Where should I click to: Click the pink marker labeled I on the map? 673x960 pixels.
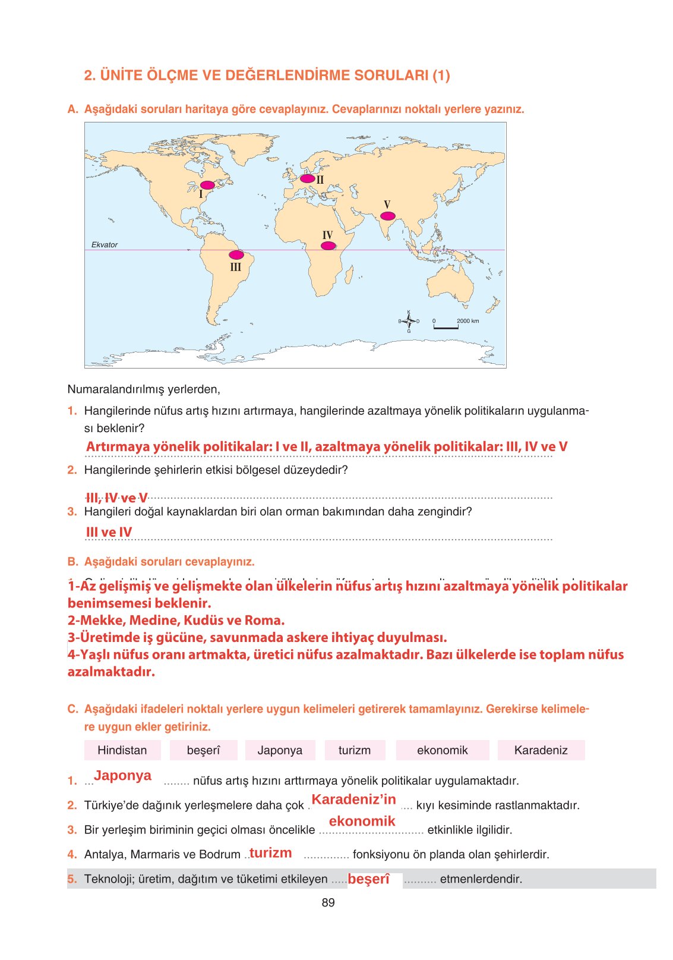pyautogui.click(x=208, y=185)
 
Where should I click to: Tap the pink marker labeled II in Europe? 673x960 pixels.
pyautogui.click(x=307, y=178)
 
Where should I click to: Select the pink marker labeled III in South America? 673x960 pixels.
pyautogui.click(x=236, y=255)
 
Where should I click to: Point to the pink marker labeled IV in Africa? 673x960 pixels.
pyautogui.click(x=328, y=245)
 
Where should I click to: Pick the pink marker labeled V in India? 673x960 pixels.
pyautogui.click(x=387, y=216)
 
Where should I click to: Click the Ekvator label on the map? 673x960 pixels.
pyautogui.click(x=105, y=245)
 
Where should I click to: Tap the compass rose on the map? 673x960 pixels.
pyautogui.click(x=409, y=322)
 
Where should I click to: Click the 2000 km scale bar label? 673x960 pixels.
pyautogui.click(x=468, y=321)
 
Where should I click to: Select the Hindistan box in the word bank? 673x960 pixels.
pyautogui.click(x=122, y=750)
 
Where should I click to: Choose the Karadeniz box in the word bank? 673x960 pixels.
pyautogui.click(x=541, y=750)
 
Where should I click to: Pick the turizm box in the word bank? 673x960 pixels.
pyautogui.click(x=355, y=750)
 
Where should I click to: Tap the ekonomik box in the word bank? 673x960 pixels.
pyautogui.click(x=443, y=750)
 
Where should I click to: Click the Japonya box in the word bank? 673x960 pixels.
pyautogui.click(x=280, y=750)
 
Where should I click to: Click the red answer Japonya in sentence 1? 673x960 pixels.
pyautogui.click(x=122, y=776)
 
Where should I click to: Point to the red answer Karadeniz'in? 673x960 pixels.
pyautogui.click(x=354, y=800)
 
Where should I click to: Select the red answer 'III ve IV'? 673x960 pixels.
pyautogui.click(x=109, y=532)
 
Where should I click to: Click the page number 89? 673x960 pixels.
pyautogui.click(x=328, y=902)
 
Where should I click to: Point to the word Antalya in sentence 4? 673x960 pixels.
pyautogui.click(x=104, y=854)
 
